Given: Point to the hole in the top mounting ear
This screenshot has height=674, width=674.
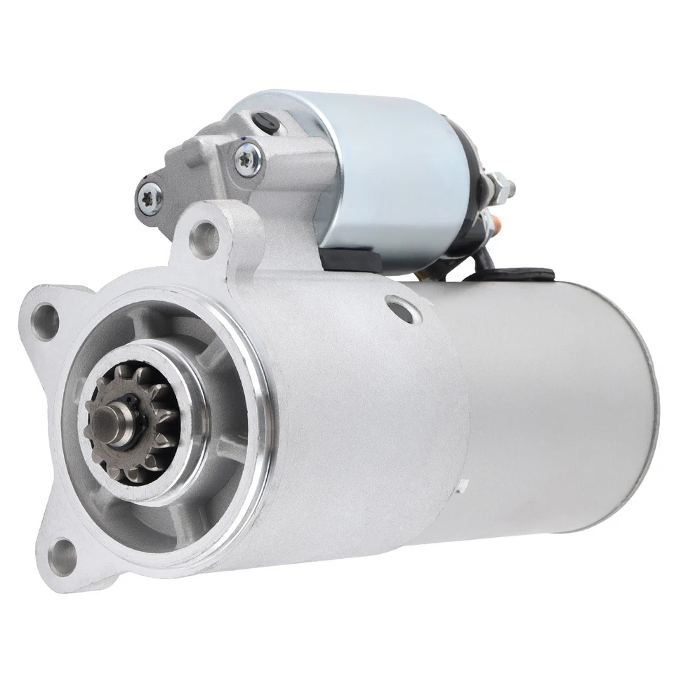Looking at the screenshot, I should tap(204, 229).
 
